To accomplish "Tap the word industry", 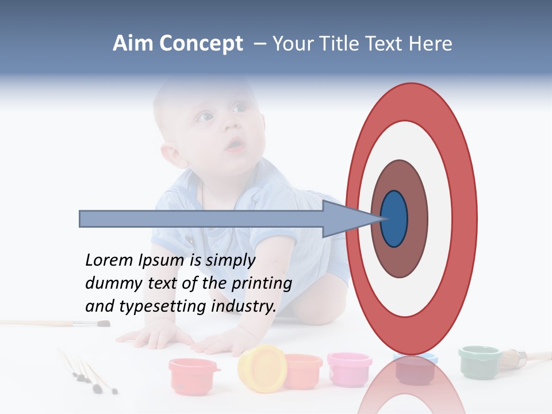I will point(243,306).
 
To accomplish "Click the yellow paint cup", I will point(262,368).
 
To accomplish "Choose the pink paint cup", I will point(350,368).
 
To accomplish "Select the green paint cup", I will point(479,360).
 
